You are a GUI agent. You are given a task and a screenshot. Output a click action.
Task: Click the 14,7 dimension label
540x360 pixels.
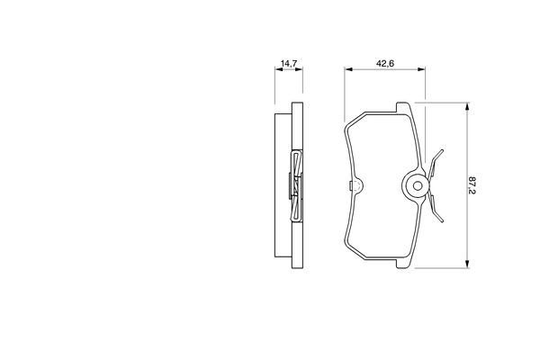289,63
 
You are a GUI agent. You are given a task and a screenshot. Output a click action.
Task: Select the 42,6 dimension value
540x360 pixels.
385,63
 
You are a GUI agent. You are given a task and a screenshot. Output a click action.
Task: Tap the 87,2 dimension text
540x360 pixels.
472,185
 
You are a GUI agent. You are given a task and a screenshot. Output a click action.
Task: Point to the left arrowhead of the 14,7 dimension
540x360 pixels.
279,69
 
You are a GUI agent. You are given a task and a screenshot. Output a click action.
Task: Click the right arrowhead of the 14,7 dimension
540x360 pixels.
299,69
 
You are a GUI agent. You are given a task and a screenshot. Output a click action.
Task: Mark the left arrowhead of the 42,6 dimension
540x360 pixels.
348,69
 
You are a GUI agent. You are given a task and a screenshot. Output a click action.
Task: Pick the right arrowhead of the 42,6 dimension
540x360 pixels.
421,69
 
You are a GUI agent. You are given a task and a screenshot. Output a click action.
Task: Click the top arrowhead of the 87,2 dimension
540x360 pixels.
467,106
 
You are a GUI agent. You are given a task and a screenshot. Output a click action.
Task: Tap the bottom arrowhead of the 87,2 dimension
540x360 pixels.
467,264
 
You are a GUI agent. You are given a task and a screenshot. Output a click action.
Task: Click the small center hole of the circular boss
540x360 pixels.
418,186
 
